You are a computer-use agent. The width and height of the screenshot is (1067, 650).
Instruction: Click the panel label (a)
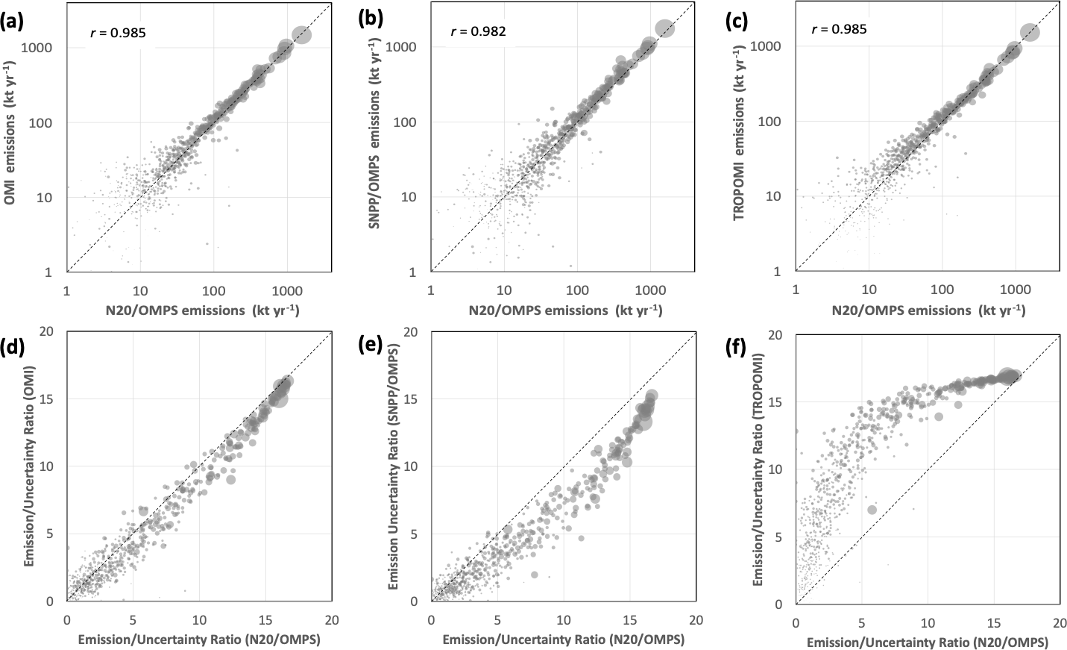coord(13,22)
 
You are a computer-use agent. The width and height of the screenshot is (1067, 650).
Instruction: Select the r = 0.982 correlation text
coord(478,31)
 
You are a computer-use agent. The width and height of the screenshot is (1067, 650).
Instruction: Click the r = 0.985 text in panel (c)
coord(839,30)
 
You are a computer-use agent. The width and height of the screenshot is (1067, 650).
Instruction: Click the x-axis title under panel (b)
coord(565,310)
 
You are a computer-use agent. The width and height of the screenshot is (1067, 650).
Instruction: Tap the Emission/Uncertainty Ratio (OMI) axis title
coord(29,467)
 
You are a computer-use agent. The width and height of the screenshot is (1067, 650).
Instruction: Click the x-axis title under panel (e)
coord(563,639)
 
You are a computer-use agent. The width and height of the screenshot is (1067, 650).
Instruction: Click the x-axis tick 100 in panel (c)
coord(942,290)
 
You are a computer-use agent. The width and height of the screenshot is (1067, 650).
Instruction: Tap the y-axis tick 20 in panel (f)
coord(781,335)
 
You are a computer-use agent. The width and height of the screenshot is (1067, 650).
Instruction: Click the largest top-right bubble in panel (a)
coord(301,34)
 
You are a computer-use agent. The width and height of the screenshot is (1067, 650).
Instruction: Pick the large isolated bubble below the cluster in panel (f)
coord(872,510)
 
